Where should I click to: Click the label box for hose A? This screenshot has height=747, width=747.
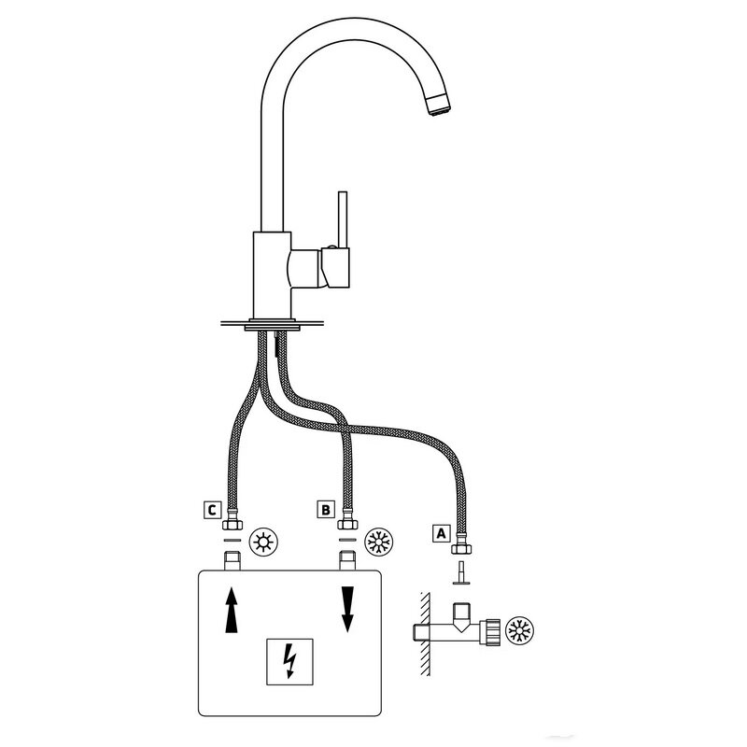[441, 533]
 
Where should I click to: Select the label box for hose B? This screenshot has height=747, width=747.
[326, 509]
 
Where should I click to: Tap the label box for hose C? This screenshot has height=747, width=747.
[212, 510]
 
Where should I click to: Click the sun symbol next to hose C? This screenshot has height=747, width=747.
[263, 543]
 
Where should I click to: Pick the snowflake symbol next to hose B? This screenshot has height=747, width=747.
[379, 543]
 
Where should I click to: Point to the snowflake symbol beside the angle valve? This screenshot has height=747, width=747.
[519, 631]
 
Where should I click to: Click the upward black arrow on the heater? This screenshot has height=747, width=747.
[232, 610]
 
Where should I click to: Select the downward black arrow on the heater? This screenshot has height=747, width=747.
[347, 610]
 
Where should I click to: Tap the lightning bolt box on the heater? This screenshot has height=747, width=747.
[289, 662]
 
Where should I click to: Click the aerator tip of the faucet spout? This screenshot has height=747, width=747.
[440, 105]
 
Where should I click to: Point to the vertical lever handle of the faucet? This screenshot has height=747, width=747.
[342, 220]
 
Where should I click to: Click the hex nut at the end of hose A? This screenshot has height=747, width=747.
[460, 548]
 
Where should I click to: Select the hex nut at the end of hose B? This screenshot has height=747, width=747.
[347, 523]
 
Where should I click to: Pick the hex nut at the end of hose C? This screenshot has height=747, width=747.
[232, 523]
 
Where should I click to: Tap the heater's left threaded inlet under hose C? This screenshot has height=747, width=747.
[232, 561]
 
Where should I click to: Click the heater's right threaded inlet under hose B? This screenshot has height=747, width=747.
[347, 561]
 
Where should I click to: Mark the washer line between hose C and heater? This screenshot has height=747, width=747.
[232, 540]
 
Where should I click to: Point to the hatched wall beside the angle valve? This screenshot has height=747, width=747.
[425, 634]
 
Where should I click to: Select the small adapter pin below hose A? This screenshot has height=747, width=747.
[460, 572]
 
